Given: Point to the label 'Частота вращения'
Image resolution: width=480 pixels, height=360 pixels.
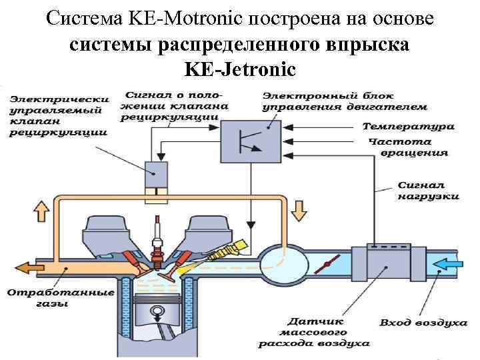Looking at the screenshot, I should click(410, 147).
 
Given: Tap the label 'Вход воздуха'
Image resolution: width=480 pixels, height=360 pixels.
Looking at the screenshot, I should click(423, 323).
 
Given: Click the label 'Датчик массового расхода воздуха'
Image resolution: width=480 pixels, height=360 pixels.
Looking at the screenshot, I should click(314, 331).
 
